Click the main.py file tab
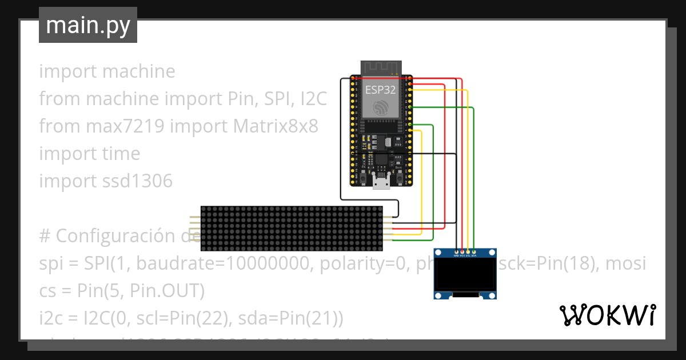[x=88, y=25]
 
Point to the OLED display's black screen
[x=464, y=273]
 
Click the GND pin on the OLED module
[x=456, y=251]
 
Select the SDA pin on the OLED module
[x=474, y=251]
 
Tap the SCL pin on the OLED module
[x=468, y=251]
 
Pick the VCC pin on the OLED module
[x=462, y=251]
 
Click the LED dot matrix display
[x=292, y=229]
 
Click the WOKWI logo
[x=607, y=315]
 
